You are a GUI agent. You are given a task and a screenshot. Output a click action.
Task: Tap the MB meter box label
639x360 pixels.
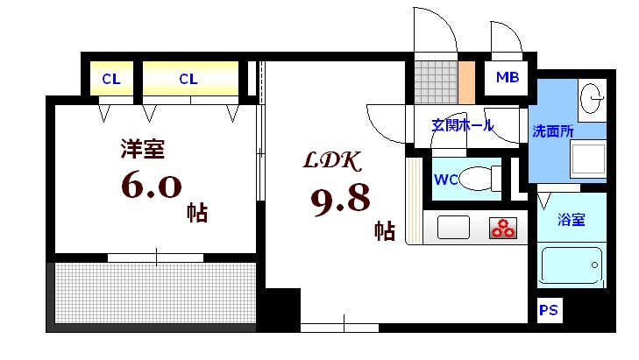point(508,78)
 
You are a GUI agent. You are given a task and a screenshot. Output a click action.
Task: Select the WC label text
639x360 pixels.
point(446,181)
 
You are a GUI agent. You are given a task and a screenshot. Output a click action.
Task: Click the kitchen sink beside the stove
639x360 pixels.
point(455,229)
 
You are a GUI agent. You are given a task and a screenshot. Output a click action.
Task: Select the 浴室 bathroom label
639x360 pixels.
point(572,220)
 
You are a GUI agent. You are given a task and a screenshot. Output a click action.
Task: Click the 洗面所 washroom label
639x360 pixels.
point(553,131)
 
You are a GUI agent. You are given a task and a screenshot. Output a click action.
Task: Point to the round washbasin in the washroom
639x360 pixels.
point(593,95)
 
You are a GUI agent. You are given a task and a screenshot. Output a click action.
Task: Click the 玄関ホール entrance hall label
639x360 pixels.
point(462,124)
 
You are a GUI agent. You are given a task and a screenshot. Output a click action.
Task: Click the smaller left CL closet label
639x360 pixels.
point(110,79)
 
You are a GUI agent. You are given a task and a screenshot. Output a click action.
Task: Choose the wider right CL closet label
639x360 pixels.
point(188,79)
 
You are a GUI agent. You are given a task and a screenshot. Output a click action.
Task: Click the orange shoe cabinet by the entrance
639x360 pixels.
point(466,81)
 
